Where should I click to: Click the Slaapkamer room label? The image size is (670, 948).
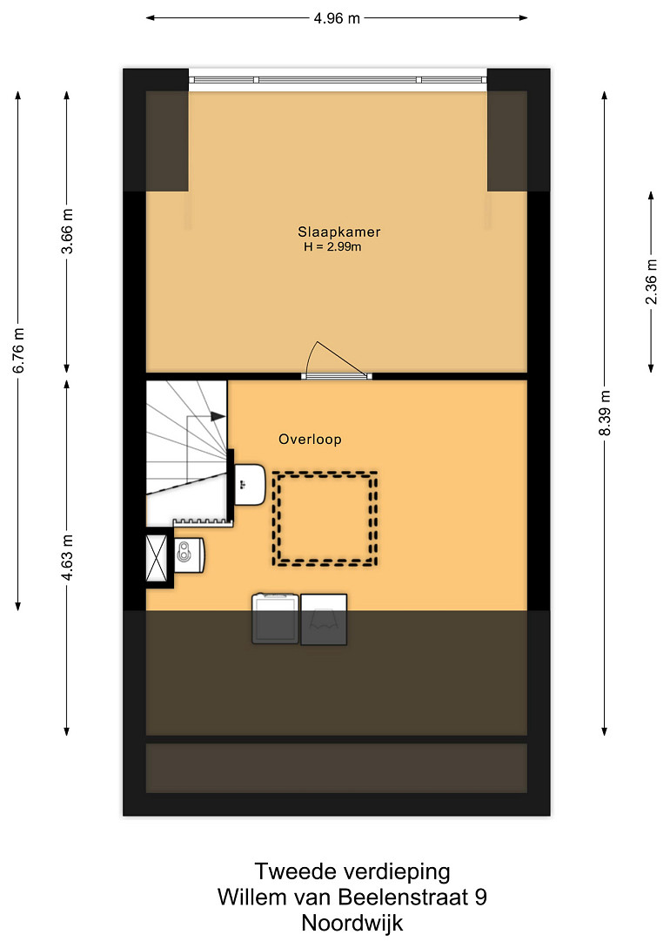[x=338, y=232]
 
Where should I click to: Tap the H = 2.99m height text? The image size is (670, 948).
[x=332, y=246]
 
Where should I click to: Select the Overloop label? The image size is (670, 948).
[x=310, y=440]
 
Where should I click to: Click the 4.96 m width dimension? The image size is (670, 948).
[x=337, y=18]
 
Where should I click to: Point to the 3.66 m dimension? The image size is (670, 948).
[x=67, y=231]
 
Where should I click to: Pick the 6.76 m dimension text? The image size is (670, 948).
[x=19, y=351]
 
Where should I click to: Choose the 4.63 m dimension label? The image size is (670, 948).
[x=67, y=557]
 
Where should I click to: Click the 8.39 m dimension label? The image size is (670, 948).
[x=605, y=413]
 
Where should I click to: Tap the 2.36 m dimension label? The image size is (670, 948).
[x=651, y=282]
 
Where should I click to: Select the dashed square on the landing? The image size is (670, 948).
[x=325, y=519]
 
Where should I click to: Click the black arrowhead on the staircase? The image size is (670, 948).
[x=218, y=416]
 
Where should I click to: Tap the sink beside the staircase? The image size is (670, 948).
[x=250, y=484]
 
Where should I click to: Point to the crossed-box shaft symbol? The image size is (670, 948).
[x=157, y=558]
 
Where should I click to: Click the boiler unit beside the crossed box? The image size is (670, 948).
[x=190, y=555]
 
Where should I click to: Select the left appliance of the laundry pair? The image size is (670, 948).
[x=276, y=618]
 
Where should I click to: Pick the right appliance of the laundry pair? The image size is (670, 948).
[x=324, y=620]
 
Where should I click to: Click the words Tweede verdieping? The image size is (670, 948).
[x=352, y=871]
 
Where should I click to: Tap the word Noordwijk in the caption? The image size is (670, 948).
[x=352, y=923]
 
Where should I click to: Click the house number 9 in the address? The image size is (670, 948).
[x=481, y=897]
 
